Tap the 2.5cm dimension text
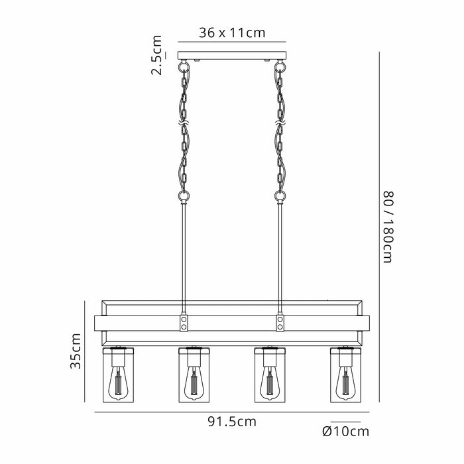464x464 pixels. pyautogui.click(x=156, y=55)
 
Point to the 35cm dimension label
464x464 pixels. pyautogui.click(x=77, y=351)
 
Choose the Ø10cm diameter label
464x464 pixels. pyautogui.click(x=345, y=432)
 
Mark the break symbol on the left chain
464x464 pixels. pyautogui.click(x=182, y=125)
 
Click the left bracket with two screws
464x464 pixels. pyautogui.click(x=183, y=323)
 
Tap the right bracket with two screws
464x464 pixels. pyautogui.click(x=280, y=323)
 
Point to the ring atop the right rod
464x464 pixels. pyautogui.click(x=280, y=196)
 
